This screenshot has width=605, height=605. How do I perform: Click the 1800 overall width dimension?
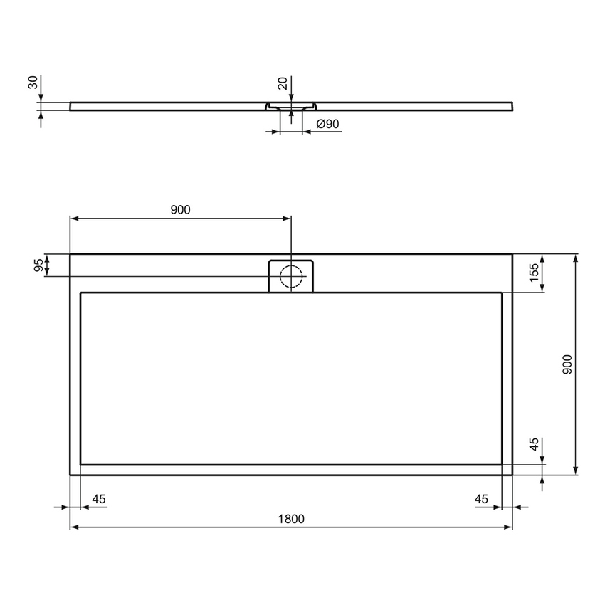coord(290,519)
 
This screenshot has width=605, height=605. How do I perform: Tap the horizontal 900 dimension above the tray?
coord(180,209)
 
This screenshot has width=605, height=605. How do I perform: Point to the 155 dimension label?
coord(533,272)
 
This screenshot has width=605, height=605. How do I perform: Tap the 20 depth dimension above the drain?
coord(283,83)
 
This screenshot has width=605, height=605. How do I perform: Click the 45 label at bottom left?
coord(98,499)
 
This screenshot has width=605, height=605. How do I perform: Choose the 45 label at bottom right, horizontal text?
coord(482,499)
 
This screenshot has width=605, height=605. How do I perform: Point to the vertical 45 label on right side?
coord(533,446)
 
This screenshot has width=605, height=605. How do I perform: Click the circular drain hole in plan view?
coord(290,275)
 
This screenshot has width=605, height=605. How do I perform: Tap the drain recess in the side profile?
coord(290,107)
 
